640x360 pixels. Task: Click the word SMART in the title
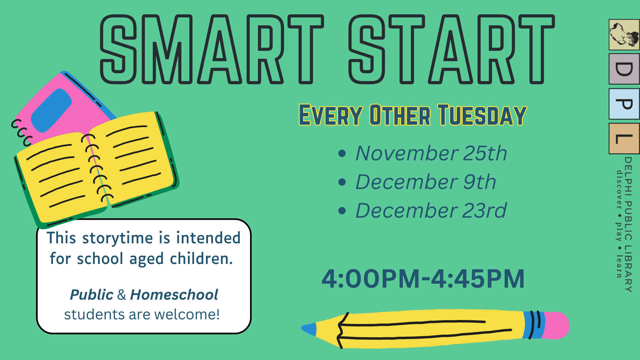click(x=212, y=49)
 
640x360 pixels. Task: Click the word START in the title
click(x=452, y=49)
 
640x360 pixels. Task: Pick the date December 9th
click(x=426, y=182)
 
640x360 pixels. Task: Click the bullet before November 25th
click(x=342, y=154)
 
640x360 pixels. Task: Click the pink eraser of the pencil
click(x=556, y=325)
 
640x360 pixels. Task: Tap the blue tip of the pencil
click(x=309, y=329)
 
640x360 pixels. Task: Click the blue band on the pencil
click(x=534, y=325)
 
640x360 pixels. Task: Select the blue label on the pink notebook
click(x=51, y=110)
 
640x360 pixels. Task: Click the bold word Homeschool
click(x=174, y=295)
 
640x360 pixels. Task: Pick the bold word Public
click(x=92, y=295)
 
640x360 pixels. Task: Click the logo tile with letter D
click(x=624, y=69)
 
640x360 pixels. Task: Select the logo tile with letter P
click(x=624, y=104)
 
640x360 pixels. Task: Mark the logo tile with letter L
click(x=624, y=139)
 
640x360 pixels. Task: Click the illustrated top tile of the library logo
click(x=624, y=35)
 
